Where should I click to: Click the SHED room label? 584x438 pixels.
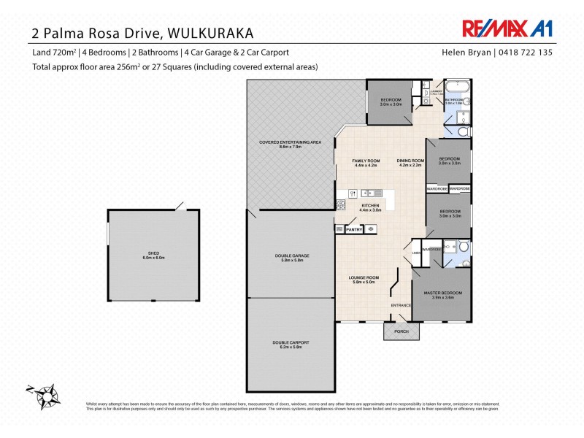point(152,255)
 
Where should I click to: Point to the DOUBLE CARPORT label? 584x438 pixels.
point(291,345)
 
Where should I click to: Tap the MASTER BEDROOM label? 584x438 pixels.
point(442,295)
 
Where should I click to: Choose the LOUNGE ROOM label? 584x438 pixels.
point(363,280)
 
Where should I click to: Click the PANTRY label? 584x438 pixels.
point(354,229)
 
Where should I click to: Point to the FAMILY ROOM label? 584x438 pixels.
point(365,162)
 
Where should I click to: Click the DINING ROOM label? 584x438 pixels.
point(411,162)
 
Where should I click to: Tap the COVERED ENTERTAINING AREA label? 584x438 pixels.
point(290,144)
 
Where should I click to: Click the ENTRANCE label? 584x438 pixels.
point(401,305)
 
